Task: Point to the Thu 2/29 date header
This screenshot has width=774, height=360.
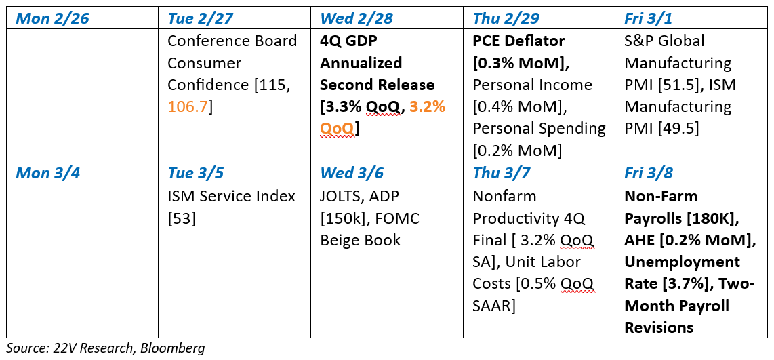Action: [506, 19]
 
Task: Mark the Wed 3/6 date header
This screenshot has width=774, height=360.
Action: [352, 174]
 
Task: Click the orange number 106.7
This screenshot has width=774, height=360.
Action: [188, 106]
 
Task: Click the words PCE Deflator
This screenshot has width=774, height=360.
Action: [518, 41]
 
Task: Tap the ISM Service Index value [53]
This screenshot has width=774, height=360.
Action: [182, 218]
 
